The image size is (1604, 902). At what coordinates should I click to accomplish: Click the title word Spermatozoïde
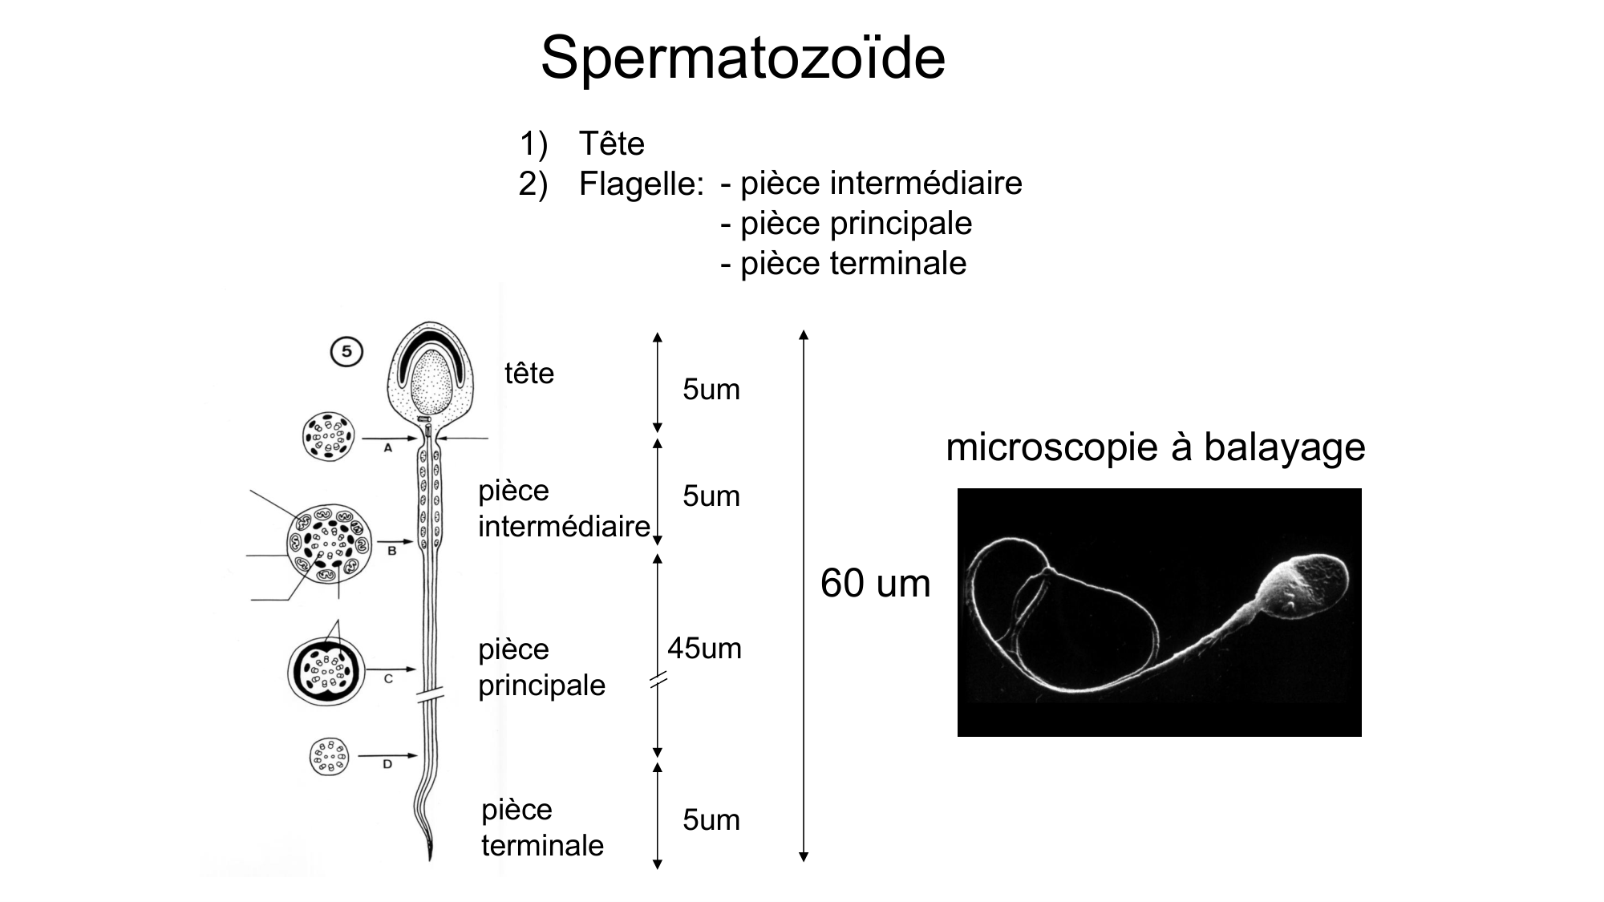[743, 58]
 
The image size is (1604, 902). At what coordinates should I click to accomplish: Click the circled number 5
[346, 352]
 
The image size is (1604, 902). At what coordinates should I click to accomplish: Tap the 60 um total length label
[875, 584]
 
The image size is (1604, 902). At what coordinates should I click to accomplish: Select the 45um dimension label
[704, 648]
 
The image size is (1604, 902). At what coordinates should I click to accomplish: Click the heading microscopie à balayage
[1155, 447]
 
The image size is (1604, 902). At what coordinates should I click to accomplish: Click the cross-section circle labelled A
[328, 437]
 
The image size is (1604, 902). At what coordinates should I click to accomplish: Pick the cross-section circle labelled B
[329, 544]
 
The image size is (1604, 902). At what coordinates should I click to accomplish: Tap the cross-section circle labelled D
[329, 757]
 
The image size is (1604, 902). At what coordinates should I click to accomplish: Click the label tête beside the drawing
[529, 374]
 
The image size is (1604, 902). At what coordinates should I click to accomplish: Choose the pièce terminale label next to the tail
[542, 827]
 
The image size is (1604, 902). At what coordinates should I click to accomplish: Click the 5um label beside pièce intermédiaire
[711, 496]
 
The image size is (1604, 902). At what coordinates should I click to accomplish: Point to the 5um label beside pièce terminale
[711, 820]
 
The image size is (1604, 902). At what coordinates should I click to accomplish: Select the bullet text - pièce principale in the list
[846, 224]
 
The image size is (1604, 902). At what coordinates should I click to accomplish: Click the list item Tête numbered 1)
[611, 144]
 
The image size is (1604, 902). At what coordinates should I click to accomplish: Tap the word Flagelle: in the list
[641, 184]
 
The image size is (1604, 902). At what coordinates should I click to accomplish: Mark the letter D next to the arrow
[387, 765]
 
